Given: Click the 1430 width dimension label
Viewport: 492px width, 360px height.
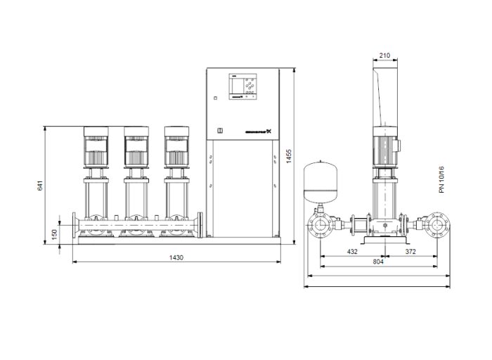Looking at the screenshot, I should (x=176, y=258).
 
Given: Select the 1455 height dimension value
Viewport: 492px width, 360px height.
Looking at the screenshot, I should (x=289, y=157).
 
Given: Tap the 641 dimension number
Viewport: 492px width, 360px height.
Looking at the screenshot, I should (x=40, y=186).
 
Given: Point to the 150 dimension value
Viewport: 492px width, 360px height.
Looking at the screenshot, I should (x=54, y=233).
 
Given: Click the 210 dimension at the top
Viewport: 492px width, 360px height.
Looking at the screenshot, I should (x=384, y=56).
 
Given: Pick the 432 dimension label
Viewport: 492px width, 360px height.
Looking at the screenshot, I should (x=352, y=251).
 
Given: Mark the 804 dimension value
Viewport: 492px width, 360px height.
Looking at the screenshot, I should (x=378, y=262).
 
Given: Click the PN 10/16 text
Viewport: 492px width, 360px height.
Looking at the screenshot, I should (x=441, y=180).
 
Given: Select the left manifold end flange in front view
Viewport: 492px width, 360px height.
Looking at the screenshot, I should (x=75, y=225).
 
